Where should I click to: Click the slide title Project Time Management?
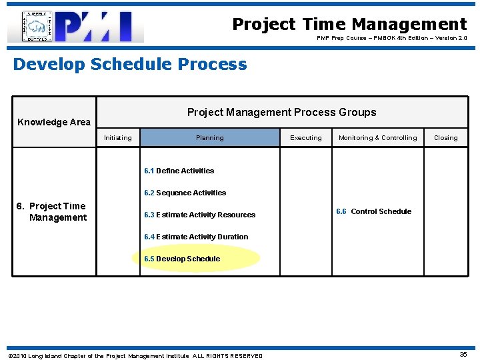(x=349, y=25)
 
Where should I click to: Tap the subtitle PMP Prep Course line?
(x=391, y=39)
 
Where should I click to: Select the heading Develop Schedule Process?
(x=130, y=65)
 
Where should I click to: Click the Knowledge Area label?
(x=53, y=122)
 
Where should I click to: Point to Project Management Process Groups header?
(x=281, y=112)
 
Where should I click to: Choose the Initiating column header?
(x=118, y=138)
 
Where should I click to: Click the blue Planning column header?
(x=210, y=138)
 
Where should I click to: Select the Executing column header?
(x=306, y=138)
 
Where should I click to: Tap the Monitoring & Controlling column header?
(x=377, y=138)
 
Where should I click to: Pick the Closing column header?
(x=445, y=138)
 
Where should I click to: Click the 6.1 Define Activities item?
(x=179, y=171)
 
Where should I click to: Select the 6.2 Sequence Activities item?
(x=185, y=193)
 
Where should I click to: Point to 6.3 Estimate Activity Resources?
(x=199, y=215)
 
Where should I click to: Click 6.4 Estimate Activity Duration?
(x=196, y=237)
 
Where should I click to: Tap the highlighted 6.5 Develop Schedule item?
(x=182, y=259)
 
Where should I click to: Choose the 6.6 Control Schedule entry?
(x=373, y=211)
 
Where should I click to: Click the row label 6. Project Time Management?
(x=52, y=212)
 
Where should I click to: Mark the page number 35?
(x=463, y=355)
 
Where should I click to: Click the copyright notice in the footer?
(x=135, y=356)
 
